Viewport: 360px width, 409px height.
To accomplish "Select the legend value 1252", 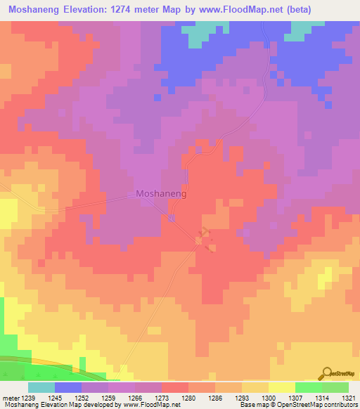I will tap(94, 397).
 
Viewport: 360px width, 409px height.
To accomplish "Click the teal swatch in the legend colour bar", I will tap(41, 387).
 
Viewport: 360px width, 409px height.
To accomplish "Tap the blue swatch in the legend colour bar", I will tap(67, 387).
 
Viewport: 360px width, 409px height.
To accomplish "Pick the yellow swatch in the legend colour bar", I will tap(281, 387).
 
